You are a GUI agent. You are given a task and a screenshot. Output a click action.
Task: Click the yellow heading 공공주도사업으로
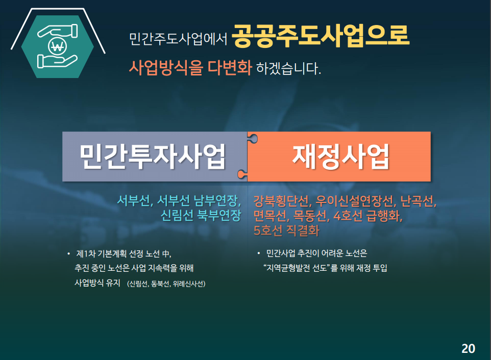tap(321, 36)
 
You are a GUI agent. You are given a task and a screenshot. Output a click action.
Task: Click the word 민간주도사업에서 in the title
tap(178, 39)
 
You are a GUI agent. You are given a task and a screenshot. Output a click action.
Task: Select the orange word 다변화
tap(230, 67)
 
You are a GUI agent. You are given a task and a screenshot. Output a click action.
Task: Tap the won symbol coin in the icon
tap(58, 46)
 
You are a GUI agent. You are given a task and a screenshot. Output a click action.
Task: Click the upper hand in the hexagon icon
tap(58, 31)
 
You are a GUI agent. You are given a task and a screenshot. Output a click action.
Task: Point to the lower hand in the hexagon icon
tap(57, 61)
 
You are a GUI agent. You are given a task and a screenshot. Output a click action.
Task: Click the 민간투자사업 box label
tap(153, 157)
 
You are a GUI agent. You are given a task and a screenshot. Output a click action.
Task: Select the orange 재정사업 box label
tap(341, 157)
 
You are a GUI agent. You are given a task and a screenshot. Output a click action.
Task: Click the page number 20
tap(468, 348)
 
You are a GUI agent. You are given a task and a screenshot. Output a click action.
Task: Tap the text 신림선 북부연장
tap(201, 215)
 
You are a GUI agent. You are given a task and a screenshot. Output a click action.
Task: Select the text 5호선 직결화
tap(286, 230)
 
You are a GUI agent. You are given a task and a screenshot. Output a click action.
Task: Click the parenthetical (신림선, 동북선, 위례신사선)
tap(166, 284)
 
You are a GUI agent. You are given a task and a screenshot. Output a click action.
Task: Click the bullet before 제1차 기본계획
tap(68, 253)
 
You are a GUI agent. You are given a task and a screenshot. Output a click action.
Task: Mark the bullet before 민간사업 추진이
tap(259, 253)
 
